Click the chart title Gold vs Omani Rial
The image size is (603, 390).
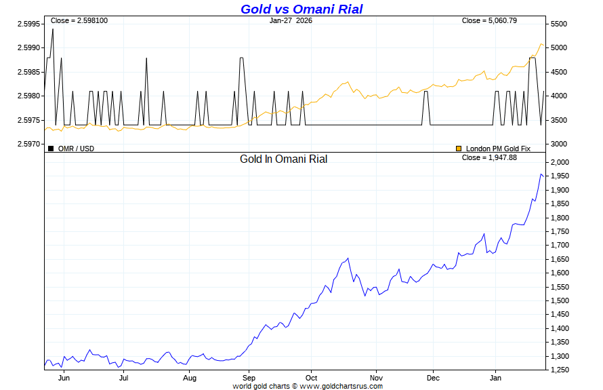(x=301, y=9)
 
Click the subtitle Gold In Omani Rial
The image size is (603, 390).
(x=283, y=159)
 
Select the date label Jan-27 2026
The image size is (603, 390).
(x=291, y=20)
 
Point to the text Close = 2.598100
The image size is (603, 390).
(x=79, y=20)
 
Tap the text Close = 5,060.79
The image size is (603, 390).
(x=489, y=20)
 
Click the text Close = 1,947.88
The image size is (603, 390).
(x=489, y=157)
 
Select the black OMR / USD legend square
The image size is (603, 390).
(x=51, y=148)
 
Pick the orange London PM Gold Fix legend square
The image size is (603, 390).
(x=459, y=148)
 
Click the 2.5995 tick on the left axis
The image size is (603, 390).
(x=29, y=24)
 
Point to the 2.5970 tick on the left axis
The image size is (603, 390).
(x=29, y=144)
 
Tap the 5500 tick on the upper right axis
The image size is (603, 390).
(x=560, y=24)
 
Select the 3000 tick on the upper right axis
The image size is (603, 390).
(x=560, y=144)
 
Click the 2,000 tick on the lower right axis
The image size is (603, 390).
(x=561, y=163)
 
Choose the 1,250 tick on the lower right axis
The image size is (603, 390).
(x=561, y=370)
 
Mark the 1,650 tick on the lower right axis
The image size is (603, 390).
(x=561, y=259)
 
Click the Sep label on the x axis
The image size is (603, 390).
(x=249, y=377)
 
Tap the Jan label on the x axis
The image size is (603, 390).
(x=495, y=377)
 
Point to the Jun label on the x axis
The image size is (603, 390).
(x=65, y=377)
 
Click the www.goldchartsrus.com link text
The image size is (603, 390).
(x=341, y=386)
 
